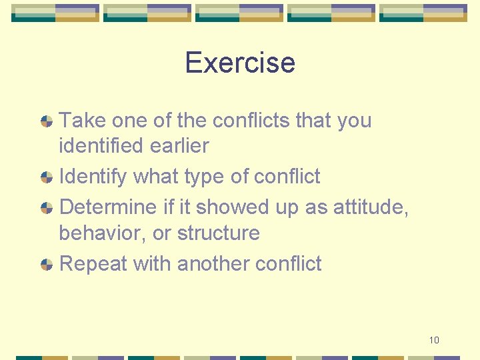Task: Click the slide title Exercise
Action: pos(239,63)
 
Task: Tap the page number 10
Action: pos(434,340)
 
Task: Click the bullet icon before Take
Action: pos(47,121)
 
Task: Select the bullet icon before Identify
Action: pos(47,177)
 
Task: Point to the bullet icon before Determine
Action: pos(47,208)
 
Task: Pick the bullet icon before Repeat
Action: pos(47,265)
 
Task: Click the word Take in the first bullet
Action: pos(83,121)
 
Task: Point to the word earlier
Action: pos(180,145)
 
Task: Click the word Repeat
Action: pos(93,264)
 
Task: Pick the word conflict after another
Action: pos(288,264)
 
